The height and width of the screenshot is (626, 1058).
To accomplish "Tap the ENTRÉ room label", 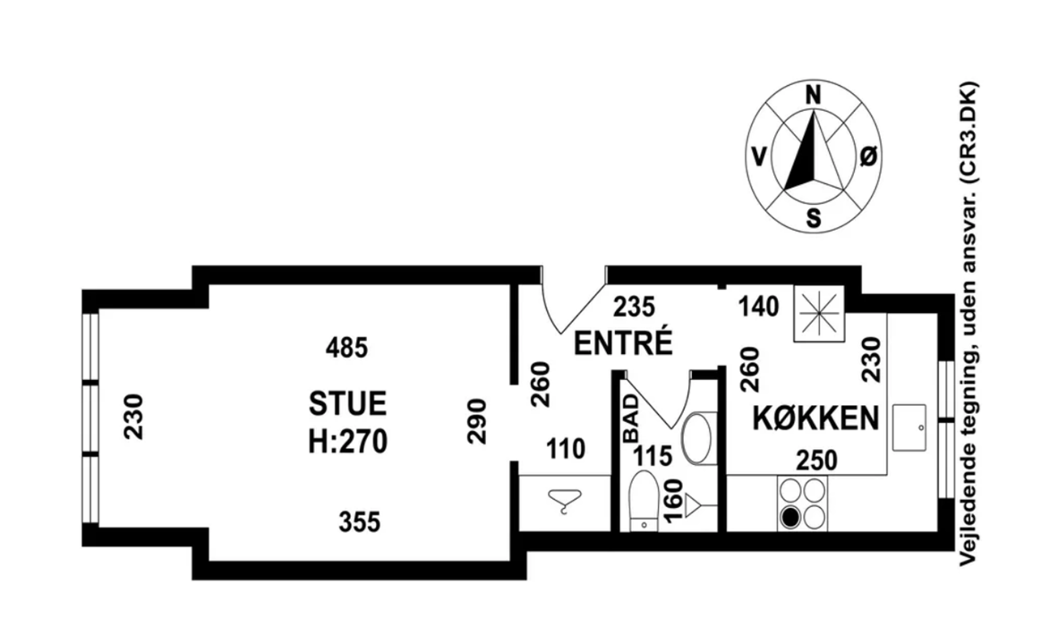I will (x=623, y=343).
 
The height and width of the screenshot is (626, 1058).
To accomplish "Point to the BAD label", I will (x=630, y=418).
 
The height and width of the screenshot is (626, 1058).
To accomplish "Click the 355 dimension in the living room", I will (x=358, y=520).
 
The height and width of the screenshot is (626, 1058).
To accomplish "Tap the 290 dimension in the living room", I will (x=477, y=419).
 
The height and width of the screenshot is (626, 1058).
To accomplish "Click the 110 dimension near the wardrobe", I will (x=566, y=449).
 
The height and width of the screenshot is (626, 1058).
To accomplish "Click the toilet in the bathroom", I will (x=644, y=502).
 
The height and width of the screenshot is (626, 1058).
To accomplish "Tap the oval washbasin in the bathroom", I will (x=698, y=437).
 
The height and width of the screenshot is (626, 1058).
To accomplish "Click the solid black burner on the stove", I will (x=790, y=516).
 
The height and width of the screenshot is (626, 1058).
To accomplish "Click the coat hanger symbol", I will (x=564, y=501).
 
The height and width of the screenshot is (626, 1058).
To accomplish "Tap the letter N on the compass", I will (x=814, y=96).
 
